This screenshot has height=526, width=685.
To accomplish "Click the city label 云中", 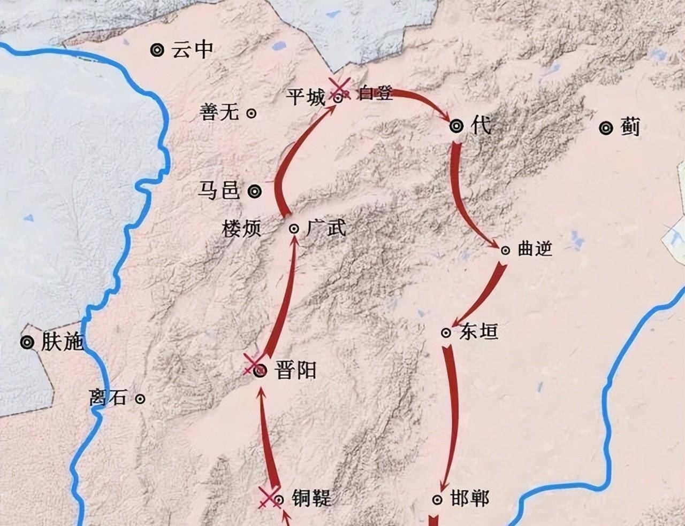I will coord(192,50).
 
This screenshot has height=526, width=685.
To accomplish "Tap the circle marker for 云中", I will coord(157,50).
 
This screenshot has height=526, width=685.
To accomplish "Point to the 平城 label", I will coord(305,98).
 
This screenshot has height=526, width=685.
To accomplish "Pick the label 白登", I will coord(376,94).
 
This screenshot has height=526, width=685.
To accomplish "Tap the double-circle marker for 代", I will coord(456,126).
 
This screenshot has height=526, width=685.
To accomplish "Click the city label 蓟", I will coord(630,128).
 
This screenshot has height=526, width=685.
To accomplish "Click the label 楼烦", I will coord(242,229).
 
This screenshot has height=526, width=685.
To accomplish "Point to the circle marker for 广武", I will coord(294,229).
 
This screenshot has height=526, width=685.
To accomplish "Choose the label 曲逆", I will coord(535,249).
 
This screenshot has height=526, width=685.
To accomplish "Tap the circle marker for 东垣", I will coord(446,332).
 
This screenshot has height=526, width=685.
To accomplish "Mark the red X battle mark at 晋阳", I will coord(251,364).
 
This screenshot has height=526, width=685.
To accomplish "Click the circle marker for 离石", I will coord(140,398).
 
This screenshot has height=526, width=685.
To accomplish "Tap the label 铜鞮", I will coord(311,498).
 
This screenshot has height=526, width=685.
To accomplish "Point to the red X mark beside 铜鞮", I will coord(268,498).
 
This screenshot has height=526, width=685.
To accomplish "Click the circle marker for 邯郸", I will coord(437,499).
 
